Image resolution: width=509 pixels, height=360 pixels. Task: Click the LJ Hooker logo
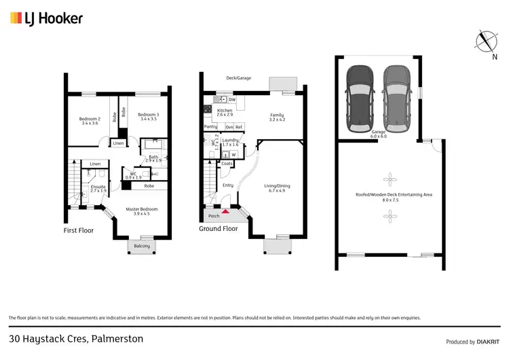[x=46, y=18]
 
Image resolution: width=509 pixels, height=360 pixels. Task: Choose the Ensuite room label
[x=99, y=188]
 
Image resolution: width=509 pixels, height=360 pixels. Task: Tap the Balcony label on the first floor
[x=143, y=246]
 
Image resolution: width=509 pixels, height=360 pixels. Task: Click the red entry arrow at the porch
[x=225, y=213]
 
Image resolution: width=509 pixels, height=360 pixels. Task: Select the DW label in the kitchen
[x=231, y=100]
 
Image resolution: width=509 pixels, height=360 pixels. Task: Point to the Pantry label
[x=210, y=126]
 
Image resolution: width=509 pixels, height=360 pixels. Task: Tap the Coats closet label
[x=227, y=164]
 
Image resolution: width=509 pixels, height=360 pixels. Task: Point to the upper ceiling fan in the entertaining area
[x=390, y=180]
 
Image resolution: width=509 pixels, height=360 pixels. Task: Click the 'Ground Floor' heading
[x=218, y=229]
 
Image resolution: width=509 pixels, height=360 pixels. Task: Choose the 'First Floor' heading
[x=79, y=230]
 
